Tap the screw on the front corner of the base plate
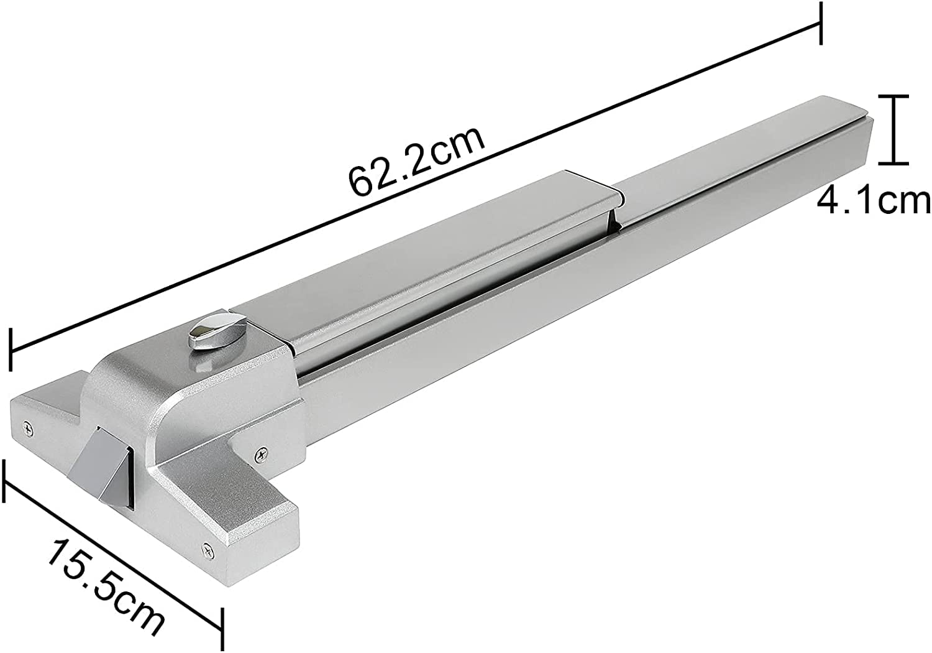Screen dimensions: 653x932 [x=206, y=549]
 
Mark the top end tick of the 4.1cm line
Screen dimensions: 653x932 [x=893, y=96]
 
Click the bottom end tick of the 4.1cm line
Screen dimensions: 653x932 [x=893, y=164]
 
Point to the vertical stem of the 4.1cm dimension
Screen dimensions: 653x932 [x=893, y=130]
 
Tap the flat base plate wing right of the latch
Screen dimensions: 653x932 [x=236, y=498]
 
